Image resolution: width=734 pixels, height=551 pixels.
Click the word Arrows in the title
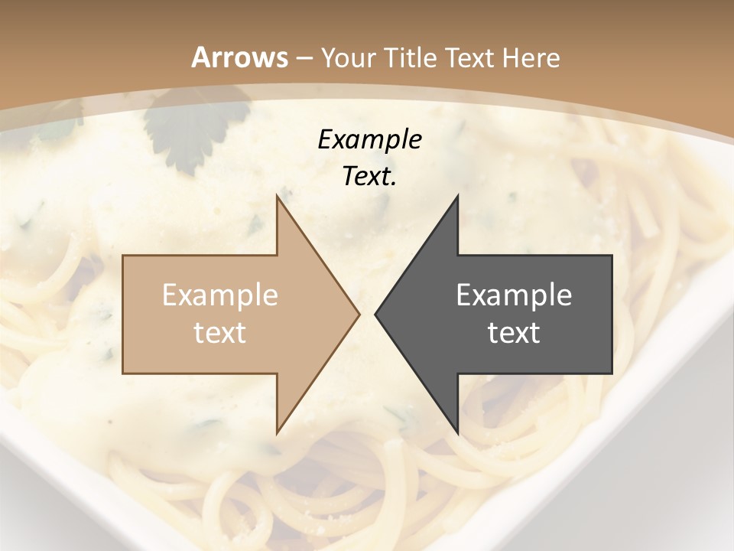(240, 57)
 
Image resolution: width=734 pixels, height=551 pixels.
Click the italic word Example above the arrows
(369, 140)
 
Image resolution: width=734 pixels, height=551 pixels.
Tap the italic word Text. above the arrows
(369, 177)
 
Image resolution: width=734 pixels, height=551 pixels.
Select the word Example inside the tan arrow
(220, 295)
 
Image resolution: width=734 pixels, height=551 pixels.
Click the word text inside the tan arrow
(220, 333)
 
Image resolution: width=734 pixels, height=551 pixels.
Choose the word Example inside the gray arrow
(514, 295)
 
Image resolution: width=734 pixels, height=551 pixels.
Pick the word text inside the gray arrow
(514, 333)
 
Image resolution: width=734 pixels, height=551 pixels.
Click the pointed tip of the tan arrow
(359, 314)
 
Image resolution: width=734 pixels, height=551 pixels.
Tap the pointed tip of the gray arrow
(375, 314)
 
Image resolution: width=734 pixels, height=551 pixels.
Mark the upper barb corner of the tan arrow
(277, 196)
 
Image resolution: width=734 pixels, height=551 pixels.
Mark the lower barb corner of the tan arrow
(277, 433)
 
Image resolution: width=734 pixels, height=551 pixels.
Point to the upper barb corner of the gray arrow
(457, 196)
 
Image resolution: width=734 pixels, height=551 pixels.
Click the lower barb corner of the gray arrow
(457, 433)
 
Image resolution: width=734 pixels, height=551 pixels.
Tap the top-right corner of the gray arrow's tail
(612, 256)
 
